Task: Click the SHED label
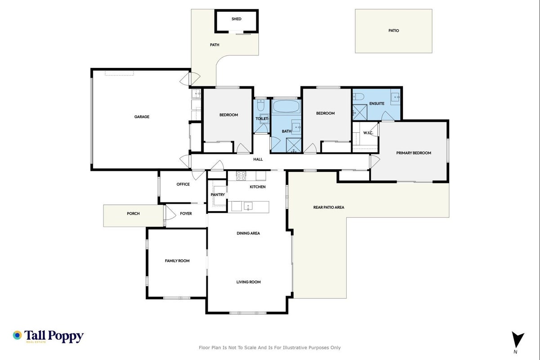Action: click(x=236, y=19)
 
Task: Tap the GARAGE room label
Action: click(x=142, y=117)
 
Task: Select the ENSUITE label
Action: click(x=377, y=103)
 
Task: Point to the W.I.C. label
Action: click(x=368, y=133)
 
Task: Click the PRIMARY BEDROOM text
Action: click(x=414, y=153)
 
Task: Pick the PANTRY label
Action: click(x=218, y=195)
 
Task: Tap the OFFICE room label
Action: click(x=183, y=184)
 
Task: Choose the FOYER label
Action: click(x=186, y=214)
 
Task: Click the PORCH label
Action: click(x=133, y=214)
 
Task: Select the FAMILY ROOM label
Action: click(x=177, y=261)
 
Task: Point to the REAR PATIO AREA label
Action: click(x=329, y=207)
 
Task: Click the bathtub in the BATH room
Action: click(x=286, y=106)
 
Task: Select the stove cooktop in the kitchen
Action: click(x=241, y=176)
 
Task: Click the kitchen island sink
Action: click(x=248, y=206)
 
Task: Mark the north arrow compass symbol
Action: click(x=518, y=340)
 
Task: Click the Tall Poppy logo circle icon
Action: click(x=18, y=335)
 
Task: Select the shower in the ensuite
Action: click(x=360, y=112)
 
